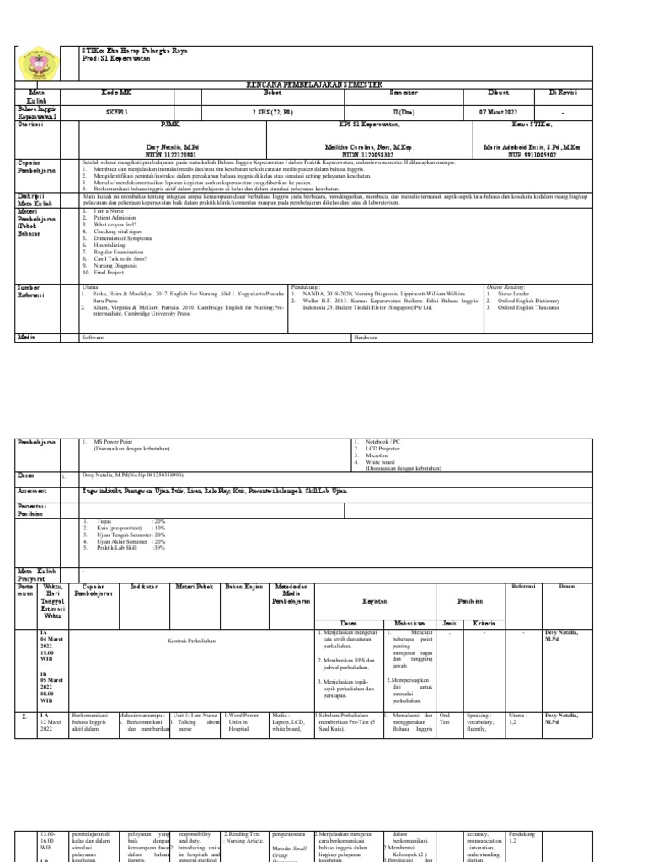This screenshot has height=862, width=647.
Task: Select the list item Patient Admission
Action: pos(116,218)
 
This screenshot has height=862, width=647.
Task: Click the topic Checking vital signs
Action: pos(120,239)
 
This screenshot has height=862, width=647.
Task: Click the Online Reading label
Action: pos(511,287)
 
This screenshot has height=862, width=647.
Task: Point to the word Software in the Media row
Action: pos(93,338)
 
